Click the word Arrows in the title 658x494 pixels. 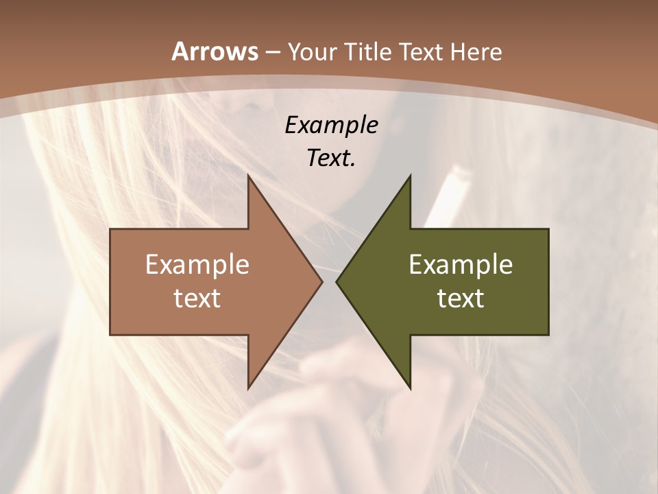coord(215,51)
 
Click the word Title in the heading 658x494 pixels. coord(367,51)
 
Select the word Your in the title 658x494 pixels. coord(313,51)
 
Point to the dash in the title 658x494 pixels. coord(272,53)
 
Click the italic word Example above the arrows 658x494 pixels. coord(331,125)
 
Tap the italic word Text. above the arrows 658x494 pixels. coord(331,158)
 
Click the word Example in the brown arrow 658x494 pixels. coord(197,264)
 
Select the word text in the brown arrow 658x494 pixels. coord(197,298)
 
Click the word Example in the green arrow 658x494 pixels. coord(461,264)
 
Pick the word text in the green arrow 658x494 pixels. coord(461,298)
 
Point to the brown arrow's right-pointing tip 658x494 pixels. coord(321,281)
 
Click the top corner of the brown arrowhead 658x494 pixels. coord(248,176)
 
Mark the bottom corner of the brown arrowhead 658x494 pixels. coord(248,388)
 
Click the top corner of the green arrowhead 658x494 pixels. coord(410,176)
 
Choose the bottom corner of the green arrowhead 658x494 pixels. coord(410,388)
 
